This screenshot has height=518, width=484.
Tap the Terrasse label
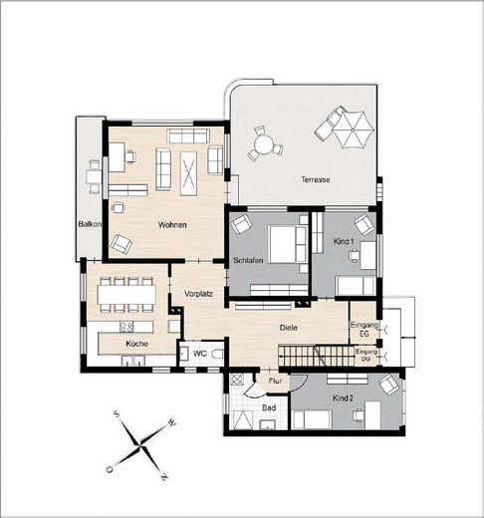[316, 179]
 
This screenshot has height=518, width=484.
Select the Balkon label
[91, 224]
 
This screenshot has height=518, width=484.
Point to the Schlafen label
[247, 261]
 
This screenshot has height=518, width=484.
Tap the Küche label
[136, 344]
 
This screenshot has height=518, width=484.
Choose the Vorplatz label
[200, 293]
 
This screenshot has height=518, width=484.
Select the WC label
[200, 354]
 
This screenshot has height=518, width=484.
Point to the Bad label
[268, 407]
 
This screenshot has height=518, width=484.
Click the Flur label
[276, 381]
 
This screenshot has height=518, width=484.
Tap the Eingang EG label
[363, 331]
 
